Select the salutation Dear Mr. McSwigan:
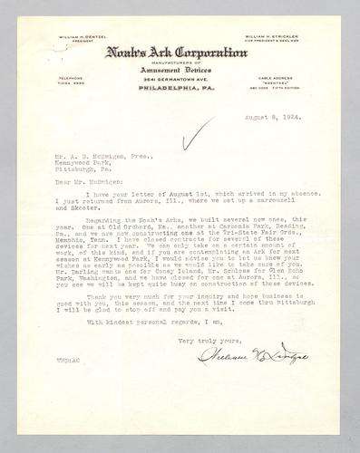click(83, 183)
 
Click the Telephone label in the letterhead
click(82, 78)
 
